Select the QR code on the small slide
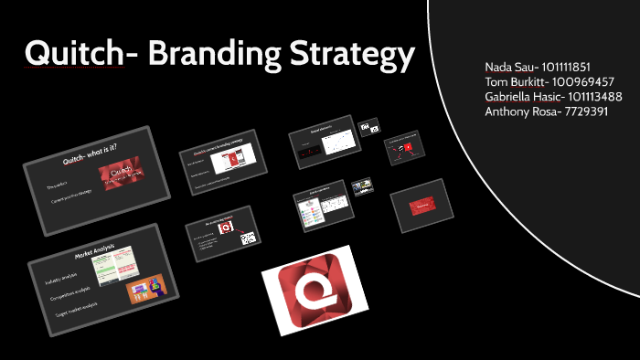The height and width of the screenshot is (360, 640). tap(248, 238)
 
